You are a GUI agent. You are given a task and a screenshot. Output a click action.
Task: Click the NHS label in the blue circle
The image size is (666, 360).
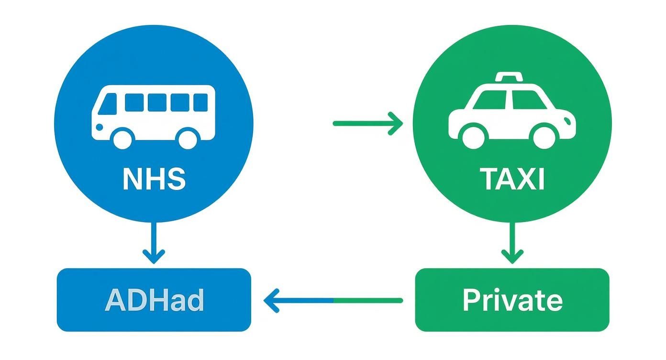coord(154,179)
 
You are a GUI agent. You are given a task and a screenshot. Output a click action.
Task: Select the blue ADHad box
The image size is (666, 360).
coord(154,300)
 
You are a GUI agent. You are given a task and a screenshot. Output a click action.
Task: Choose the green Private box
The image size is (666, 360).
coord(512,300)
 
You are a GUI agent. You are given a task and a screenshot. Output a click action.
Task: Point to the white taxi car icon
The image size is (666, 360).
coord(511,112)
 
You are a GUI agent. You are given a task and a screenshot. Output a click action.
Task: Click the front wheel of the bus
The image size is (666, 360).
coord(122,138)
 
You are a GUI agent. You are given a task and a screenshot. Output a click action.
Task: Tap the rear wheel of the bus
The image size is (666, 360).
coord(188,138)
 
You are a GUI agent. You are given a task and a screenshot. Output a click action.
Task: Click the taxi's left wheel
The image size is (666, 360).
coord(473,136)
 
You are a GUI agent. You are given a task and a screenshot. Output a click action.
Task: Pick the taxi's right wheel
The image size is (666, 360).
coord(544,136)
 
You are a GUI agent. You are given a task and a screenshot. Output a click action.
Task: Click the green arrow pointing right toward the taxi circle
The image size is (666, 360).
coord(367,124)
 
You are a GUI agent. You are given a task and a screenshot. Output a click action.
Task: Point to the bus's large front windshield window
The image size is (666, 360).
coord(109,103)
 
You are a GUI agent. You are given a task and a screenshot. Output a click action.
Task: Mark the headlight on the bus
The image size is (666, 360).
coord(99,127)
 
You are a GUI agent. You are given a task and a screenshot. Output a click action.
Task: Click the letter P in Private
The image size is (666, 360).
coord(472,300)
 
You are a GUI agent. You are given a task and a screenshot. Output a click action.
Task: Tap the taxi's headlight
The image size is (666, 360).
coord(568,119)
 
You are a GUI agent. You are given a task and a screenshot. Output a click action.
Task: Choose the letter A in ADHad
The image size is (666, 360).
coord(115,300)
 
